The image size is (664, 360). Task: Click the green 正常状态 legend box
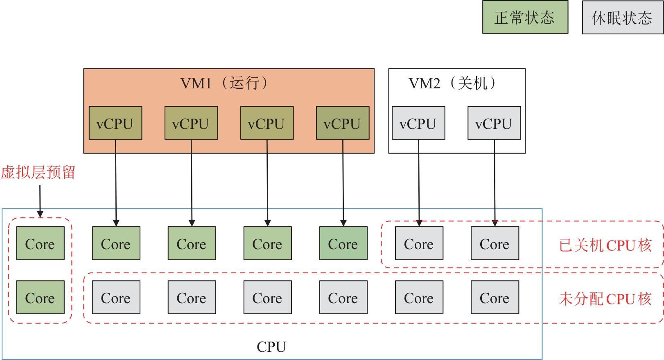(525, 17)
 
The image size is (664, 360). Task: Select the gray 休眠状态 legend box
(622, 18)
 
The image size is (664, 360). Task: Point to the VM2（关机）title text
(452, 83)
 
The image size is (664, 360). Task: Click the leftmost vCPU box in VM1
(115, 123)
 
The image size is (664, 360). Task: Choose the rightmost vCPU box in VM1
(342, 123)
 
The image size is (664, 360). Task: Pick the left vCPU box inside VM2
(418, 123)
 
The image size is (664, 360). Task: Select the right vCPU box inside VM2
(494, 123)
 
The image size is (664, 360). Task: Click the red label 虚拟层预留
(38, 172)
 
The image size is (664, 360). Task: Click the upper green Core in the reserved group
(40, 243)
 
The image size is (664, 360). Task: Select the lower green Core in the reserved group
(40, 297)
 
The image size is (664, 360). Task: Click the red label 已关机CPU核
(605, 245)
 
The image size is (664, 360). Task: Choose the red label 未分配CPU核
(605, 299)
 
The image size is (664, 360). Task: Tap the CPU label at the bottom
(271, 347)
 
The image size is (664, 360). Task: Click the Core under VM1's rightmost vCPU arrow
(343, 243)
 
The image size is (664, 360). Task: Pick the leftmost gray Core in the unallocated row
(116, 297)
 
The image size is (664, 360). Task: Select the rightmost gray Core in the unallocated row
(495, 297)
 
